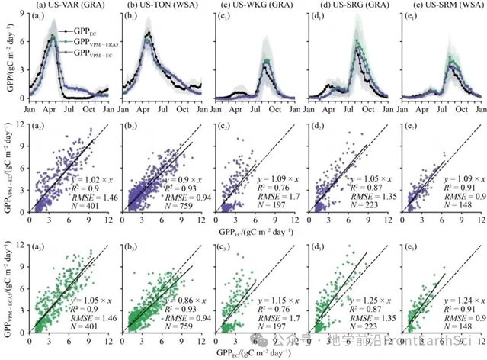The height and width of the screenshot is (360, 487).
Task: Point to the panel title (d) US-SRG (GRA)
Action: click(x=348, y=7)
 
